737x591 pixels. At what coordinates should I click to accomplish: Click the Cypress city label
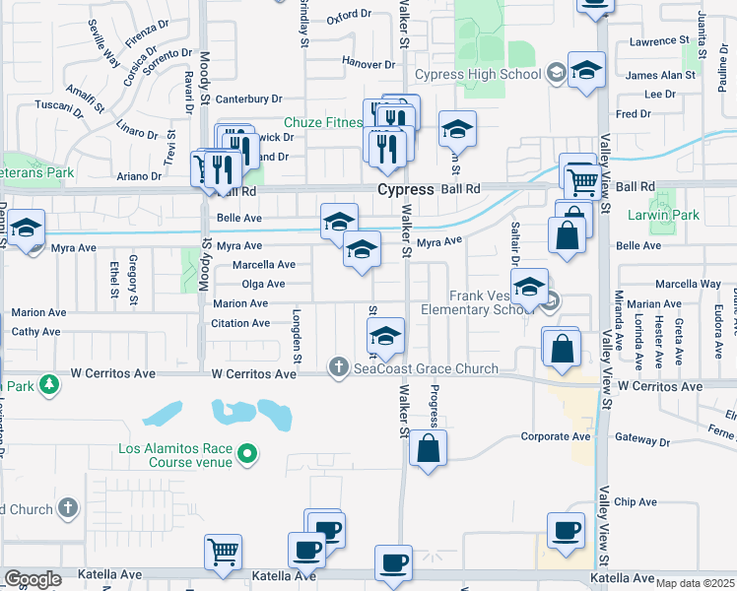pyautogui.click(x=405, y=188)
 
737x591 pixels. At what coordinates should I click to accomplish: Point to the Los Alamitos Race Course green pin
pyautogui.click(x=248, y=454)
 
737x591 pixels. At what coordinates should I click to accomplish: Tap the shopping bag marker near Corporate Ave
pyautogui.click(x=429, y=449)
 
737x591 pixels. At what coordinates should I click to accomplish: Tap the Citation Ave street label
pyautogui.click(x=240, y=323)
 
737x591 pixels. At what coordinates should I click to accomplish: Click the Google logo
pyautogui.click(x=33, y=579)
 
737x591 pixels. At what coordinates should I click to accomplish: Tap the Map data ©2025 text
pyautogui.click(x=696, y=583)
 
